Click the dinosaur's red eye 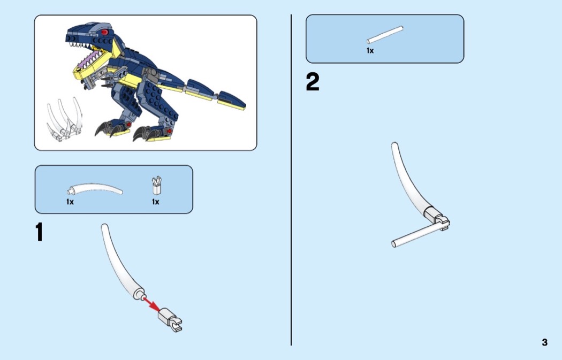tap(104, 33)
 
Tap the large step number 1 tap(39, 232)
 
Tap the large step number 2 tap(312, 82)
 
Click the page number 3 tap(544, 342)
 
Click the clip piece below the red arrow tap(170, 319)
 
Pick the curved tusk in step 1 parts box tap(95, 189)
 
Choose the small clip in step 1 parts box tap(157, 186)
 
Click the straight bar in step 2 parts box tap(385, 35)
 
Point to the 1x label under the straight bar tap(370, 51)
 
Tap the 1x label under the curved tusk tap(70, 202)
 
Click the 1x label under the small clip tap(156, 202)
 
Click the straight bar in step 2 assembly tap(416, 235)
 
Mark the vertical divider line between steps tap(291, 180)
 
